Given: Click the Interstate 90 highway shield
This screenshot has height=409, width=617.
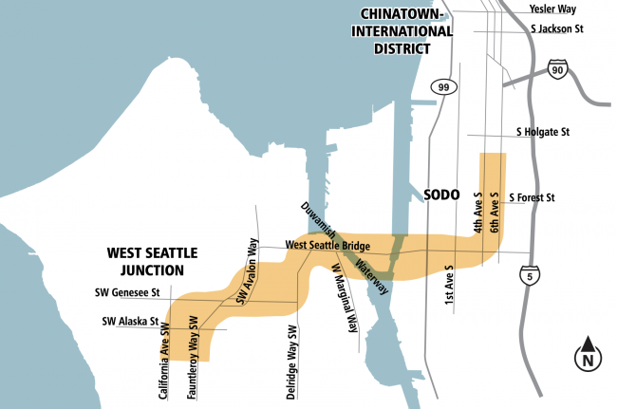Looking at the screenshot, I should [x=559, y=69].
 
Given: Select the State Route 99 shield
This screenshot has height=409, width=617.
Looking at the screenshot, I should [x=442, y=87].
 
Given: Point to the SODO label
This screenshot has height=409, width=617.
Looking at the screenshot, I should [x=441, y=195].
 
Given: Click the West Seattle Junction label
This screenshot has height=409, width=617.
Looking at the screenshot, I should [x=152, y=260].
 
